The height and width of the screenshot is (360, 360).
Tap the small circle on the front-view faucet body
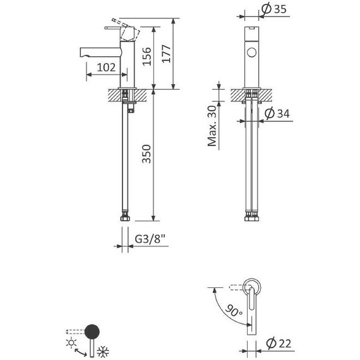tap(253, 52)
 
